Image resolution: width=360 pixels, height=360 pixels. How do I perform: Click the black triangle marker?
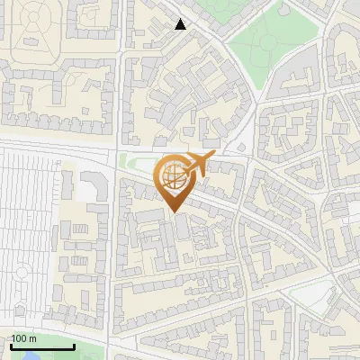tap(181, 24)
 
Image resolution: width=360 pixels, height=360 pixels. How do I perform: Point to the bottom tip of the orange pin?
tap(172, 211)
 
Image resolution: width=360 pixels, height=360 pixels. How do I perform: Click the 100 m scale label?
tap(24, 338)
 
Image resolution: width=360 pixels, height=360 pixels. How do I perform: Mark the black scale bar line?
tap(43, 346)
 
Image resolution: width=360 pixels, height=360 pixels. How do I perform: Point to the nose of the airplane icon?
tap(215, 157)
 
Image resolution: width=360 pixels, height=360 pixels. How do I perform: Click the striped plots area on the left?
tap(27, 225)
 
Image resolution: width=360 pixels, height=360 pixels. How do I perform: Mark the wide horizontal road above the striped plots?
tap(54, 144)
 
